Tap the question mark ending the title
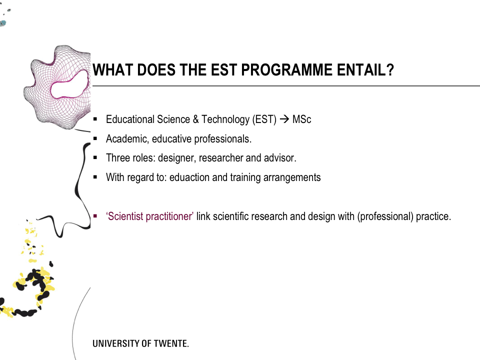tap(390, 70)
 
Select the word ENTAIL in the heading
tap(360, 70)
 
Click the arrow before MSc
tap(284, 119)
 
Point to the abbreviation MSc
tap(301, 119)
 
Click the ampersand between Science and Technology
tap(195, 119)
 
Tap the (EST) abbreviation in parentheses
tap(264, 119)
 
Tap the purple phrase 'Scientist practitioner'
tap(149, 216)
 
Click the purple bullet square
tap(95, 216)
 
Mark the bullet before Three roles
tap(95, 157)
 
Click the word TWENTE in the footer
tap(171, 343)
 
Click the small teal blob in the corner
tap(3, 23)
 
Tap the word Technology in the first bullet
tap(225, 119)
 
